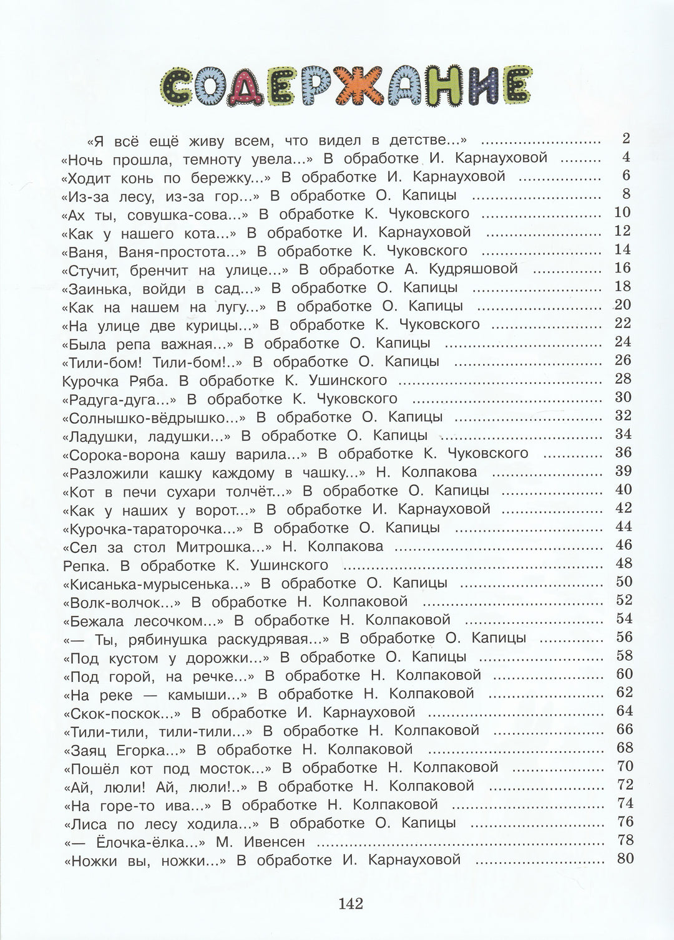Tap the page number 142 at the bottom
351,903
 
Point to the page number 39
623,471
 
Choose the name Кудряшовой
474,269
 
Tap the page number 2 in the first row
626,138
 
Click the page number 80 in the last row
625,858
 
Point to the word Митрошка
224,547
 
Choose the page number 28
623,379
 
